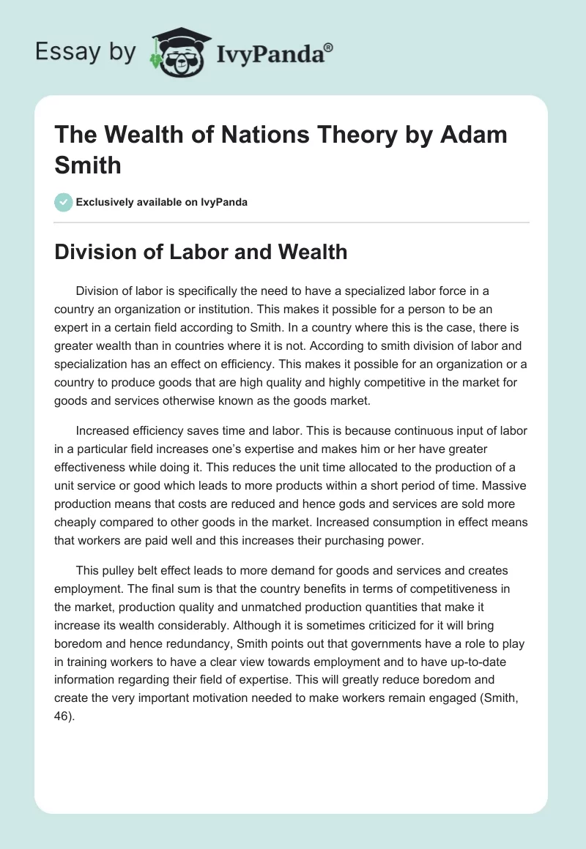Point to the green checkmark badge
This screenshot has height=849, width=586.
tap(64, 202)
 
